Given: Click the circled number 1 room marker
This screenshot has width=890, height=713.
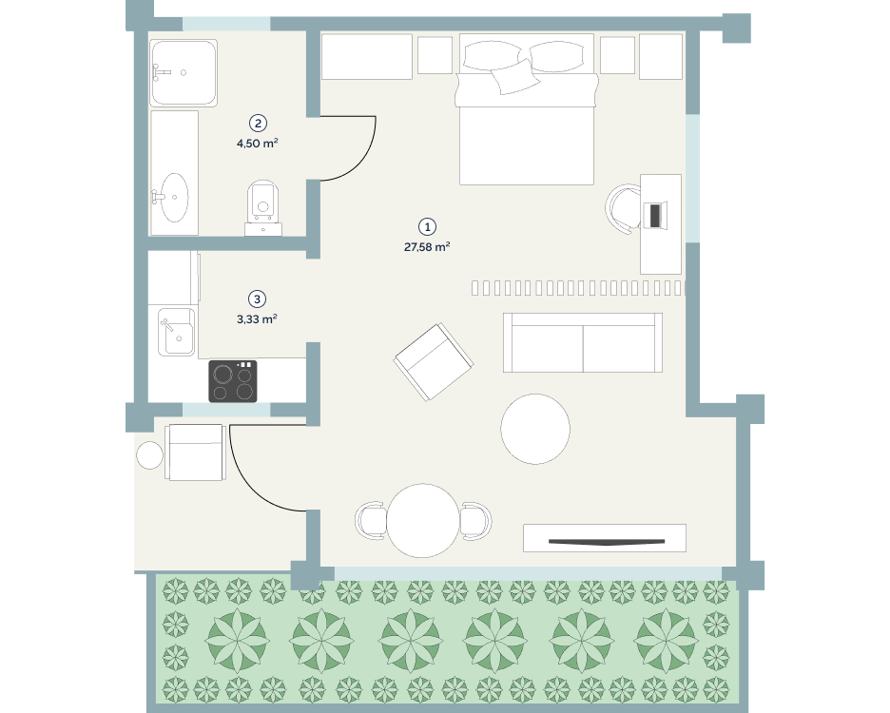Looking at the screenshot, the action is (x=427, y=227).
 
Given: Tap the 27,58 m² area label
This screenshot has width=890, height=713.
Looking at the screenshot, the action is (x=427, y=247).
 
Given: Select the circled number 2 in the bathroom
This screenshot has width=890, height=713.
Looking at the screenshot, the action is (x=258, y=124).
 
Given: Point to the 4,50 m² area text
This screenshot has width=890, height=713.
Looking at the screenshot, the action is (x=257, y=143).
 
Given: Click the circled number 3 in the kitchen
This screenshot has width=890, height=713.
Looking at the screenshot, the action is (x=257, y=299).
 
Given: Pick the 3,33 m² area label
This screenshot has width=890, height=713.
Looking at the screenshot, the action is (x=257, y=319).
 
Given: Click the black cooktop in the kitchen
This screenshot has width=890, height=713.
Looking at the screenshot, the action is (x=233, y=381).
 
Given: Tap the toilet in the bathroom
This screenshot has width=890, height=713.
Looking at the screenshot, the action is (x=262, y=208).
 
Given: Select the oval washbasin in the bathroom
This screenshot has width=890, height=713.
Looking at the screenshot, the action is (x=174, y=198).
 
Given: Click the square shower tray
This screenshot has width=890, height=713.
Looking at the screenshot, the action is (x=184, y=72).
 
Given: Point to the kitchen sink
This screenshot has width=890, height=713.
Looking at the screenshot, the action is (x=176, y=332).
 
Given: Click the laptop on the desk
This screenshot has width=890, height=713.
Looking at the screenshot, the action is (x=655, y=215).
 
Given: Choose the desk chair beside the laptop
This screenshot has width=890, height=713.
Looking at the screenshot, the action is (x=623, y=208).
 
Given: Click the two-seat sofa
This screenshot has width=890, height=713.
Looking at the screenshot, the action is (x=583, y=343).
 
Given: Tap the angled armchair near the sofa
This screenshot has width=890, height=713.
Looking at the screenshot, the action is (x=434, y=362).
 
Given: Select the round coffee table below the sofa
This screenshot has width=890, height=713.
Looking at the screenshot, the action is (x=535, y=429).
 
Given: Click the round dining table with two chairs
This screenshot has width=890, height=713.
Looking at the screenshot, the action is (x=423, y=521).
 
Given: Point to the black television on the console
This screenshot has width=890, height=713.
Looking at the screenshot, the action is (x=607, y=542).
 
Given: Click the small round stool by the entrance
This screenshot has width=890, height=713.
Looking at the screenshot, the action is (x=150, y=455).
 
